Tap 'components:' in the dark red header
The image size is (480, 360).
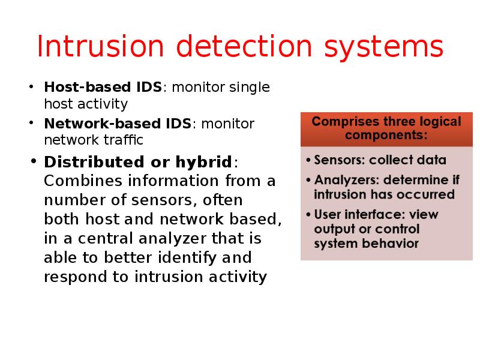(x=386, y=135)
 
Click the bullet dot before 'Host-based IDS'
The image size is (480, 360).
(x=31, y=88)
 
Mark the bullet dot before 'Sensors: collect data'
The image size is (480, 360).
(x=307, y=161)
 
